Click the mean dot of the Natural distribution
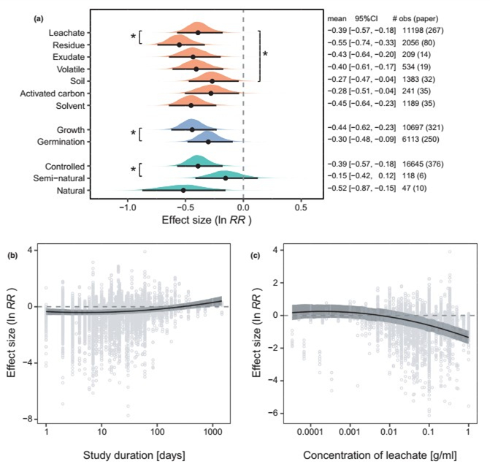(183, 190)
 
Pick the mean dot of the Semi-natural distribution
(225, 178)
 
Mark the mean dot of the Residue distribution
(179, 45)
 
